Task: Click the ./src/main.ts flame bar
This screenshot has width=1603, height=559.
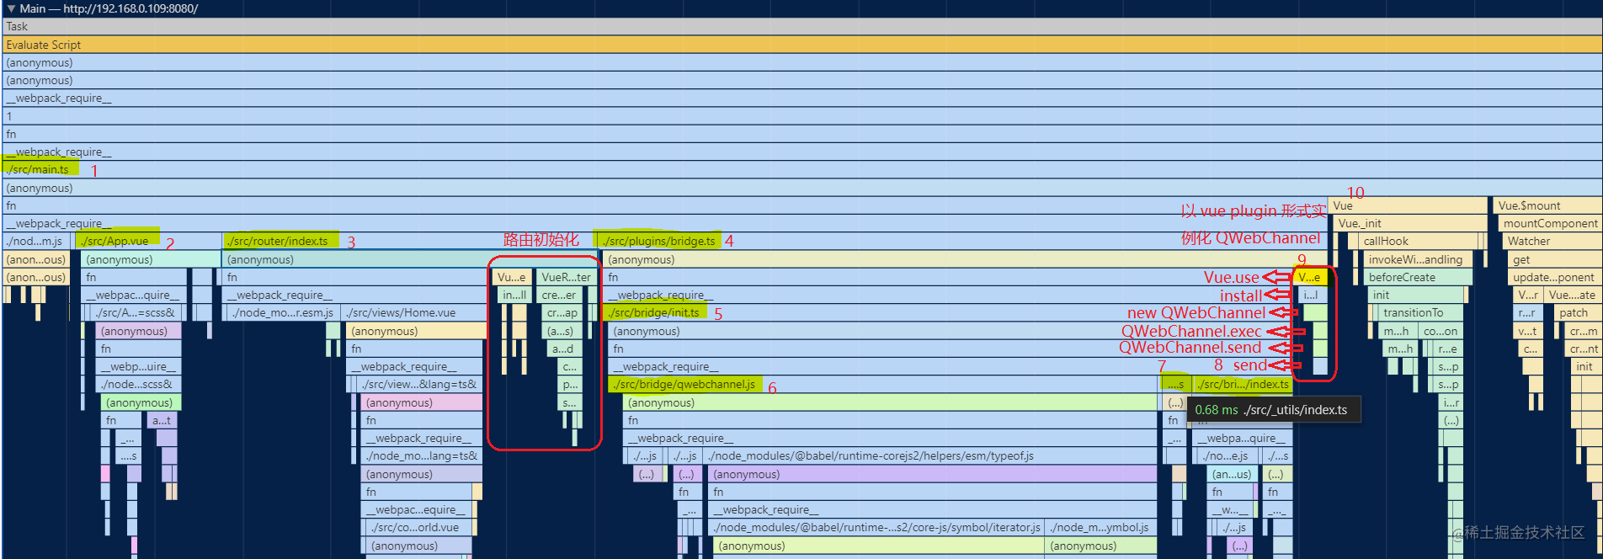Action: click(x=39, y=170)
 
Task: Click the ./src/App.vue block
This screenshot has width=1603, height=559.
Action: click(x=116, y=241)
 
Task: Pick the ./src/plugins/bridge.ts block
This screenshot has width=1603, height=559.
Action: click(x=658, y=241)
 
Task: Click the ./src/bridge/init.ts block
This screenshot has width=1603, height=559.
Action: click(x=654, y=313)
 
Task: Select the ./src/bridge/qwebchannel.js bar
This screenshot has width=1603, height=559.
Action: click(x=684, y=385)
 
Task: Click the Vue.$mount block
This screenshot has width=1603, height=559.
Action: click(x=1529, y=205)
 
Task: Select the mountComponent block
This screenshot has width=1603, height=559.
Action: click(x=1549, y=223)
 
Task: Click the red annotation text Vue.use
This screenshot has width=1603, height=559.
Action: click(x=1231, y=277)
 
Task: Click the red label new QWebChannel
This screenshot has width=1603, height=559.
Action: click(x=1196, y=313)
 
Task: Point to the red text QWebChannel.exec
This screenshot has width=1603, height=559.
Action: click(x=1190, y=332)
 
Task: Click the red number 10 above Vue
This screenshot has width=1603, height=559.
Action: click(x=1355, y=193)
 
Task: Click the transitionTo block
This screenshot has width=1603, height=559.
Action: click(x=1413, y=313)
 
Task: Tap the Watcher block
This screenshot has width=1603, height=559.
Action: click(x=1529, y=241)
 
